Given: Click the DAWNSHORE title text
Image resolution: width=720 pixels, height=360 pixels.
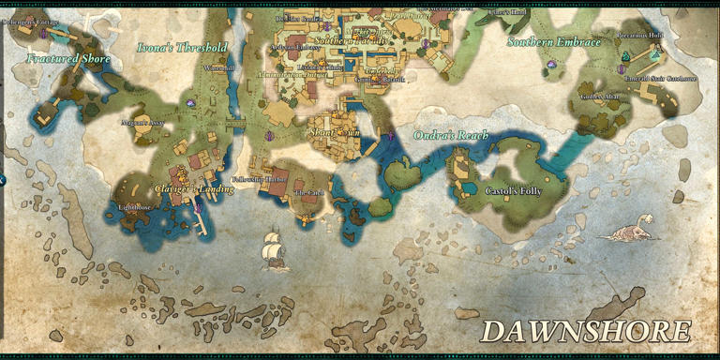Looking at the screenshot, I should pos(587,332).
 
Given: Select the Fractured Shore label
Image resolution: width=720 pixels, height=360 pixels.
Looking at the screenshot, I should pos(68,59).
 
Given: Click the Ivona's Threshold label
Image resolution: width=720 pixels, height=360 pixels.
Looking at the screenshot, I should pos(182,47).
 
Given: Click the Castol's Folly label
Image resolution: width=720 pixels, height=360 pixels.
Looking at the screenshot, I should pos(514,190).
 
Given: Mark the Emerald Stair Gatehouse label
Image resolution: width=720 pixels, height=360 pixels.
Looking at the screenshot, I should pos(662,79).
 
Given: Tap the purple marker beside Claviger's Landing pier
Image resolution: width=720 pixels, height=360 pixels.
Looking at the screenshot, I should pos(200,207).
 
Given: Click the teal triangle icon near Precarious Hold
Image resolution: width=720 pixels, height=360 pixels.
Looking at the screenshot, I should pos(625,56).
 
